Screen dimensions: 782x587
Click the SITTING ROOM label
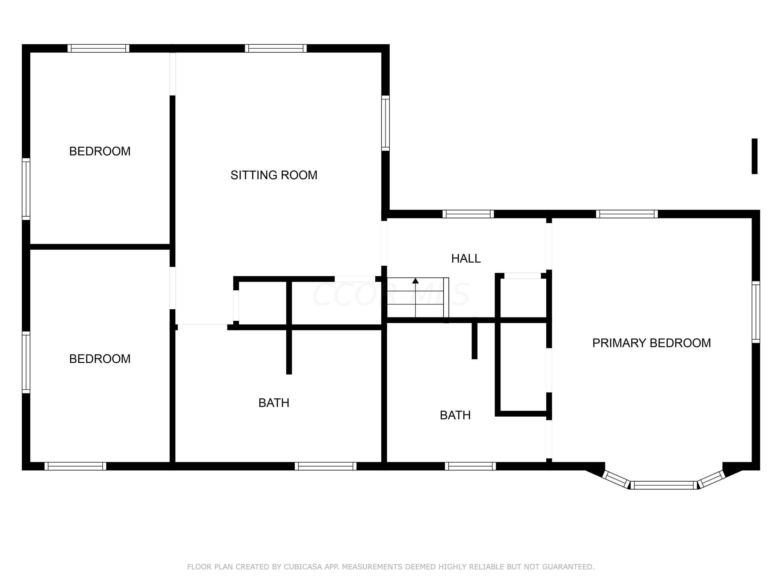point(274,175)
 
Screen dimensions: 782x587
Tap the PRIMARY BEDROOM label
point(652,343)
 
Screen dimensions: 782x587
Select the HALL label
point(466,259)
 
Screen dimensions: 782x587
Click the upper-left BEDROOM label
point(100,151)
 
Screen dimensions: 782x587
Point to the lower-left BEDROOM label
point(100,359)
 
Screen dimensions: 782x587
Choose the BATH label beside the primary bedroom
point(455,415)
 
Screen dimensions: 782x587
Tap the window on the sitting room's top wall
point(276,49)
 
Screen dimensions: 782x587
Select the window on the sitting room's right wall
point(385,123)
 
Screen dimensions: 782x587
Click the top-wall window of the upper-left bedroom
point(99,49)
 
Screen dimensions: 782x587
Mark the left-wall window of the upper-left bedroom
point(26,189)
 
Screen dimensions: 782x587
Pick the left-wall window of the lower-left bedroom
point(26,362)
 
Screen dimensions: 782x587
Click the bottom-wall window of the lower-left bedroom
point(75,466)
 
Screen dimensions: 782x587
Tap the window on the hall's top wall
point(468,214)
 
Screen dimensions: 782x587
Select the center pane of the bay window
point(664,485)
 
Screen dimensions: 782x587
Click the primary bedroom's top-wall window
point(627,214)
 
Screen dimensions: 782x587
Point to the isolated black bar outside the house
point(754,156)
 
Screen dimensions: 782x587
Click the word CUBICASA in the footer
point(303,567)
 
